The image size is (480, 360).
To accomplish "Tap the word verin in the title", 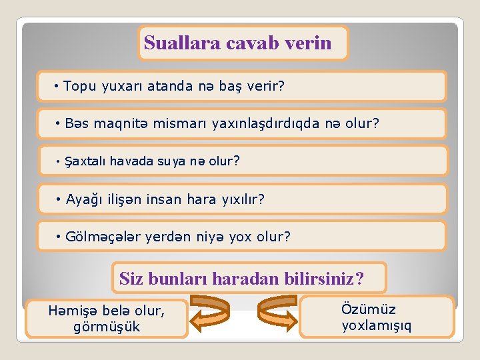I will click(x=309, y=43).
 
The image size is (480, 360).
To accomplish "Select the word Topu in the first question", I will click(x=79, y=86).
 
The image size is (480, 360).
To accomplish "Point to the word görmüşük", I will click(x=107, y=327).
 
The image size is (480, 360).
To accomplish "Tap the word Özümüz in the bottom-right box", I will click(x=368, y=309).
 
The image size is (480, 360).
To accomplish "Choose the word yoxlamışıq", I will click(x=377, y=325).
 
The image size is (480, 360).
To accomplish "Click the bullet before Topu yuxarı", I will click(x=58, y=86).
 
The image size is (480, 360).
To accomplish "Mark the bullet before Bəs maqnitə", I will click(x=59, y=123).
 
